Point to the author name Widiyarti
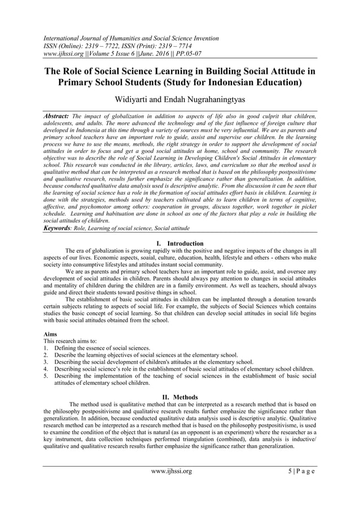coord(135,99)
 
